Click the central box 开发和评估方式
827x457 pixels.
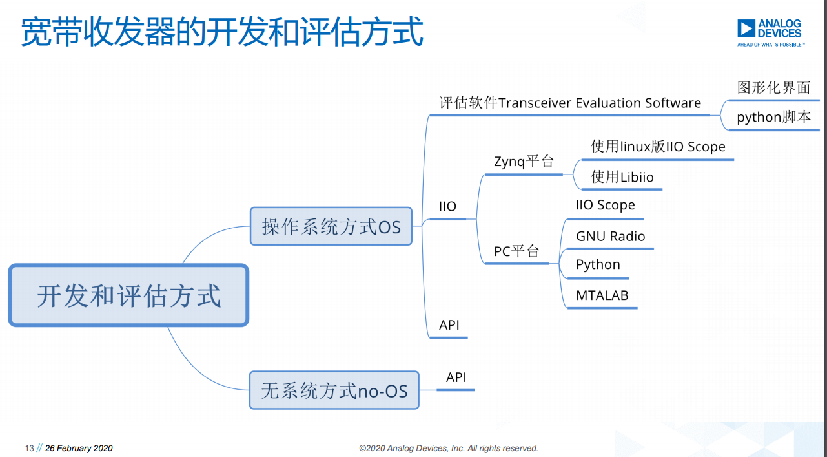click(x=128, y=295)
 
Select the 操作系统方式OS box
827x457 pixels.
click(x=331, y=226)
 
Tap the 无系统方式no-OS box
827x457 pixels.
click(x=334, y=390)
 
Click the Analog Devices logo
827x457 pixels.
click(x=771, y=33)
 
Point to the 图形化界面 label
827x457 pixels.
click(x=774, y=88)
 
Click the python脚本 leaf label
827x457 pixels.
click(x=774, y=117)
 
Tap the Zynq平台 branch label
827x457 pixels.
click(x=524, y=162)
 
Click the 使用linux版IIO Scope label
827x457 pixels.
click(x=658, y=147)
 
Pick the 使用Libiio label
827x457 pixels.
click(x=622, y=176)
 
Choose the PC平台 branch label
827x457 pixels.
click(x=516, y=251)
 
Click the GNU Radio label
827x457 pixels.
click(x=610, y=236)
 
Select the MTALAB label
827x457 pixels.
click(x=602, y=295)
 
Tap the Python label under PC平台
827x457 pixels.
click(x=598, y=265)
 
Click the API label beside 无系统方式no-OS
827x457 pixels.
click(x=456, y=377)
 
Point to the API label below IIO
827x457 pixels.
click(x=449, y=325)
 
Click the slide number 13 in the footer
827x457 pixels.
click(x=30, y=448)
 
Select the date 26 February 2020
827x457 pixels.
click(x=79, y=448)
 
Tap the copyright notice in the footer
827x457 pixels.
click(x=449, y=448)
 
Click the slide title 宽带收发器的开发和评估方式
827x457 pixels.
click(x=222, y=32)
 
